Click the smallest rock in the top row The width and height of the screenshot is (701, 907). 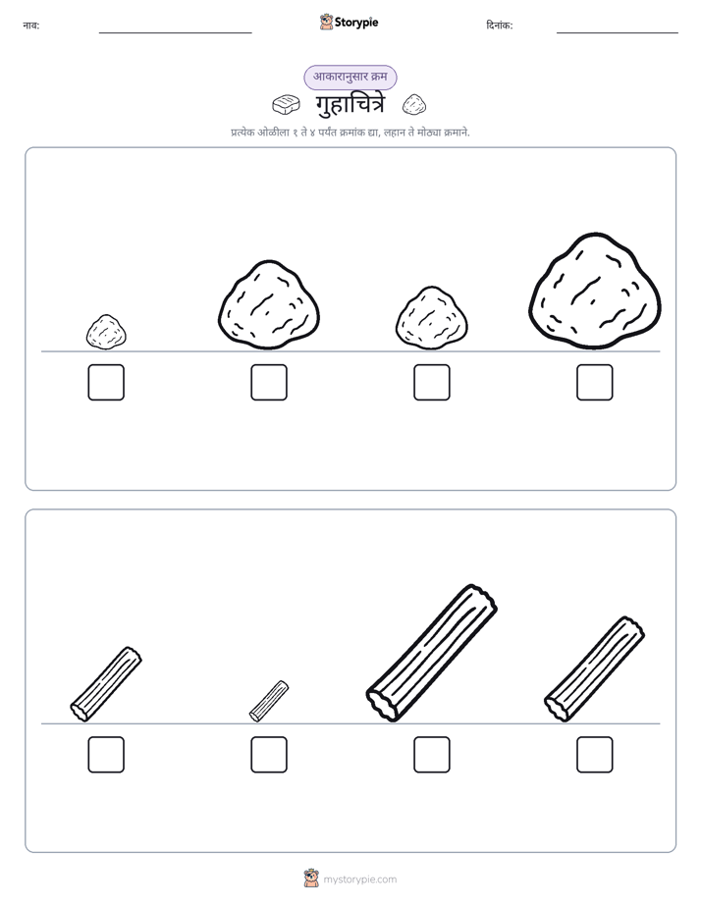click(x=106, y=332)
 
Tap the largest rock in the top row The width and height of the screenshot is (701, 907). click(x=595, y=293)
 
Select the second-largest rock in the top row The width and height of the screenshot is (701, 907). click(x=269, y=305)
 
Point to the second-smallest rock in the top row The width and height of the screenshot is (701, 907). click(x=432, y=319)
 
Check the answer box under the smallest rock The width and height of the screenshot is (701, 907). click(x=106, y=383)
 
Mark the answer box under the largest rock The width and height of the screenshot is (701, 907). click(x=595, y=383)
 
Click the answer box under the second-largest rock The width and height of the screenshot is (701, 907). click(x=269, y=383)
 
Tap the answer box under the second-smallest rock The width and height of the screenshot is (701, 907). click(x=432, y=383)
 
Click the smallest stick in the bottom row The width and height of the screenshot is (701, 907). click(x=269, y=701)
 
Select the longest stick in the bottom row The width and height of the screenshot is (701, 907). click(x=431, y=653)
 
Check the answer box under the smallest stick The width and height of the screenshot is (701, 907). click(x=269, y=755)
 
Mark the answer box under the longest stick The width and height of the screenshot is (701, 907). click(x=432, y=755)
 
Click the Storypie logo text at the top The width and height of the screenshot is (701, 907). click(x=356, y=23)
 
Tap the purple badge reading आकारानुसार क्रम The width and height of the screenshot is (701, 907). click(x=350, y=78)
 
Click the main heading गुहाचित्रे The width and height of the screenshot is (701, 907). click(x=350, y=105)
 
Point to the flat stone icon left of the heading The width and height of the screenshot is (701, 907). click(x=287, y=105)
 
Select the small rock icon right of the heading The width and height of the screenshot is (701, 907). click(x=414, y=105)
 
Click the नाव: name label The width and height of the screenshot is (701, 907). click(x=31, y=26)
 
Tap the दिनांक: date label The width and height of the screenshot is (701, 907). click(x=500, y=26)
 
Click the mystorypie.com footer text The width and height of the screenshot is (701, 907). click(x=359, y=880)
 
